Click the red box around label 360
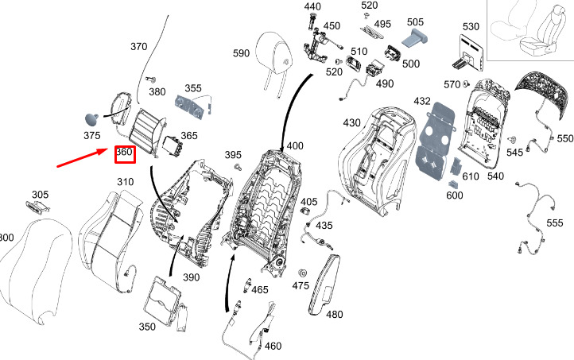click(x=125, y=154)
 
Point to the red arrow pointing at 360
click(x=83, y=157)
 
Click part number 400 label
click(x=295, y=146)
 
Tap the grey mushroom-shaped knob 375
click(x=91, y=119)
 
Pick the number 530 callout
click(x=471, y=27)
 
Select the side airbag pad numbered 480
click(x=324, y=285)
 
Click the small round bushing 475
click(x=302, y=273)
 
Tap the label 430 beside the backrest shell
click(x=352, y=122)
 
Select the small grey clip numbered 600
click(x=454, y=184)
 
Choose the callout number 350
click(x=147, y=327)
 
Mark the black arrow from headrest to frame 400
click(x=294, y=110)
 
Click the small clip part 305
click(x=37, y=207)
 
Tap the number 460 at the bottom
click(x=273, y=346)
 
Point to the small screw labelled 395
click(x=239, y=167)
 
